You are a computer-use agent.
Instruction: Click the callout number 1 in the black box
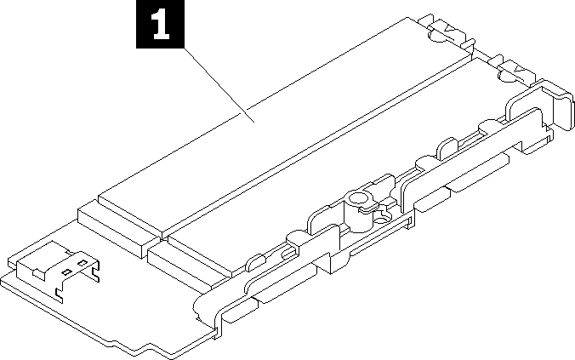[160, 24]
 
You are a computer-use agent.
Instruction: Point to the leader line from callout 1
[219, 85]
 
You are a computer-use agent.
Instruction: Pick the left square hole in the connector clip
[66, 272]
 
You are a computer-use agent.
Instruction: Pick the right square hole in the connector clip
[83, 263]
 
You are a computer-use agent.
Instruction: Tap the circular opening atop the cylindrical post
[358, 199]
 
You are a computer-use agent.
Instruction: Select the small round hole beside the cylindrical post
[380, 220]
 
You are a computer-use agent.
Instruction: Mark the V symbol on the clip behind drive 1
[449, 29]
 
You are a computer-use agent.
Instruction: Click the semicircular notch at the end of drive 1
[437, 37]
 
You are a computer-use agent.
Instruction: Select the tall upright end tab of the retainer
[564, 110]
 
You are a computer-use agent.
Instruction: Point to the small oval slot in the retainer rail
[287, 254]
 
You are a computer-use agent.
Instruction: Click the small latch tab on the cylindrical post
[367, 207]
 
